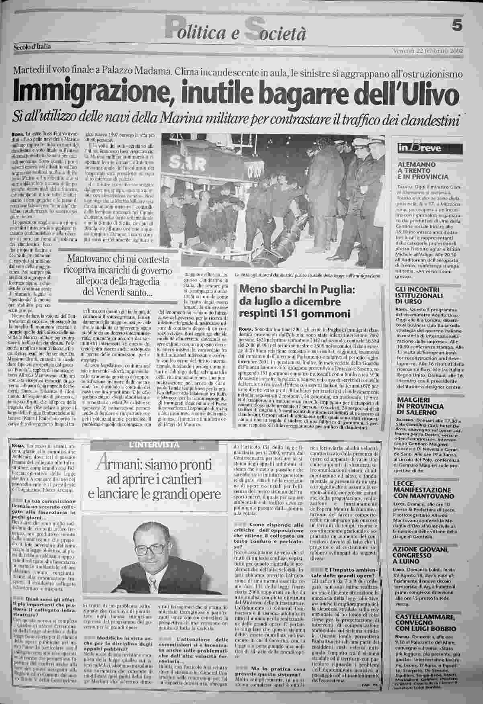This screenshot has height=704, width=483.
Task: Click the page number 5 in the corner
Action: [457, 25]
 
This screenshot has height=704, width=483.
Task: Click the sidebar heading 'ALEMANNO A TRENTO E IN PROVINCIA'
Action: [422, 170]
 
